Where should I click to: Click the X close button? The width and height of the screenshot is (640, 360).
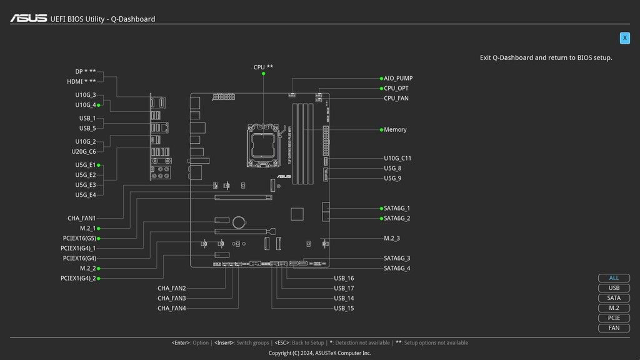[x=624, y=38]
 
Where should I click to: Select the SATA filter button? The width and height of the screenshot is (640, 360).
[x=614, y=298]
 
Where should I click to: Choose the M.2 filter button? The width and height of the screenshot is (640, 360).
[x=614, y=308]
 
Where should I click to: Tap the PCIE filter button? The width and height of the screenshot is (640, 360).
[x=614, y=318]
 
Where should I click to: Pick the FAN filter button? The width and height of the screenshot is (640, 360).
[x=614, y=328]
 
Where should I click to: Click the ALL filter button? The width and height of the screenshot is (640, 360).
[x=614, y=278]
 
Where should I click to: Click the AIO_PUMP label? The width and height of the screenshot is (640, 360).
[x=398, y=79]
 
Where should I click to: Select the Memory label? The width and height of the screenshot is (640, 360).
[x=395, y=130]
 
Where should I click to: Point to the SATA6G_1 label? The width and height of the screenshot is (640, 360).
[x=397, y=209]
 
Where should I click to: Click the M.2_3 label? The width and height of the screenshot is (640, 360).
[x=392, y=239]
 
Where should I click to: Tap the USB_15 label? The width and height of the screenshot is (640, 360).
[x=344, y=309]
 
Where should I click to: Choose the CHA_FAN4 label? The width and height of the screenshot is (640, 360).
[x=171, y=309]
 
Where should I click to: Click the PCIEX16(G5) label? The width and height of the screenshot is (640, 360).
[x=79, y=239]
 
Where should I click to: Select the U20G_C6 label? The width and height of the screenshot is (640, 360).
[x=84, y=152]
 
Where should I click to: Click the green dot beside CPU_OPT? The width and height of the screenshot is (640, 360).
[x=381, y=89]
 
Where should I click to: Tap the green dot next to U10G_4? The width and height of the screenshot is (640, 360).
[x=99, y=105]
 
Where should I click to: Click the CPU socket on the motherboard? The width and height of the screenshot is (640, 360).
[x=264, y=144]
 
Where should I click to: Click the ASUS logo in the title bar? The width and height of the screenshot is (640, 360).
[x=28, y=19]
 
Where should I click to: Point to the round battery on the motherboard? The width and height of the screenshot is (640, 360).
[x=239, y=222]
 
